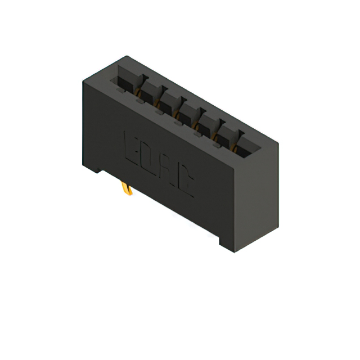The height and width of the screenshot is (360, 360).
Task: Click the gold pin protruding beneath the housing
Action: (x=128, y=190)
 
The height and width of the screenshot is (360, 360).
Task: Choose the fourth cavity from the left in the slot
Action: (x=188, y=112)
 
